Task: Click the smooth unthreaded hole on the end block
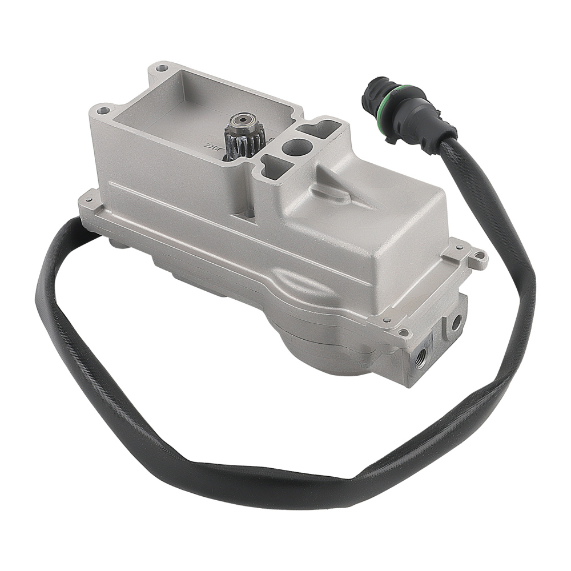456,323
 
